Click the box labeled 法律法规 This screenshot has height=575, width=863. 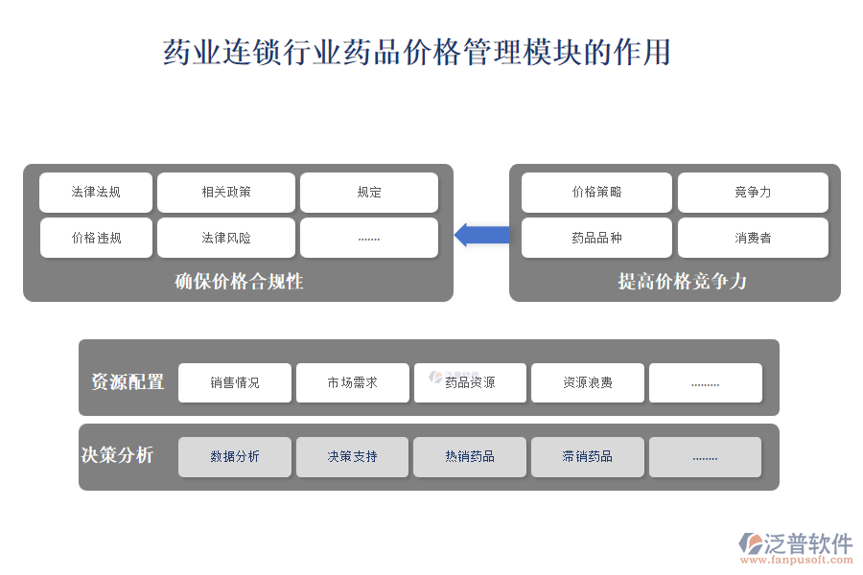(96, 192)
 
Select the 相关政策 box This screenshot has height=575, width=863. (226, 192)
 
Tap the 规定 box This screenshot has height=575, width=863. (369, 192)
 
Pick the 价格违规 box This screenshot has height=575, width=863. (96, 238)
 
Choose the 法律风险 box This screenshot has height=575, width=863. (226, 238)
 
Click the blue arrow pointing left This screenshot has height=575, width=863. (481, 234)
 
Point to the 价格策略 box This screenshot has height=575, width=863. (596, 192)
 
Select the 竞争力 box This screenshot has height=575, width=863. (753, 192)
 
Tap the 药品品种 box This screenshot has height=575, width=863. (596, 238)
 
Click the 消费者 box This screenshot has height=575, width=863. (753, 238)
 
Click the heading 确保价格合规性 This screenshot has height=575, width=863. (239, 281)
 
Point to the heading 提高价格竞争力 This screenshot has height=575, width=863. (682, 281)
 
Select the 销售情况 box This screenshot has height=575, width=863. (235, 382)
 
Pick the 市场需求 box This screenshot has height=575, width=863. (352, 382)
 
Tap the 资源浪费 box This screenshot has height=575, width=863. (587, 382)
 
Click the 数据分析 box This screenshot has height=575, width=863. (235, 456)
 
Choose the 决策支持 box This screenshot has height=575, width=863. (352, 456)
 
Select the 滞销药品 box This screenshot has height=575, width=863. (587, 456)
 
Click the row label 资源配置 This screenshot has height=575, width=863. (128, 381)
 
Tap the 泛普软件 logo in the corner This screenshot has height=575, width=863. (796, 546)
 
